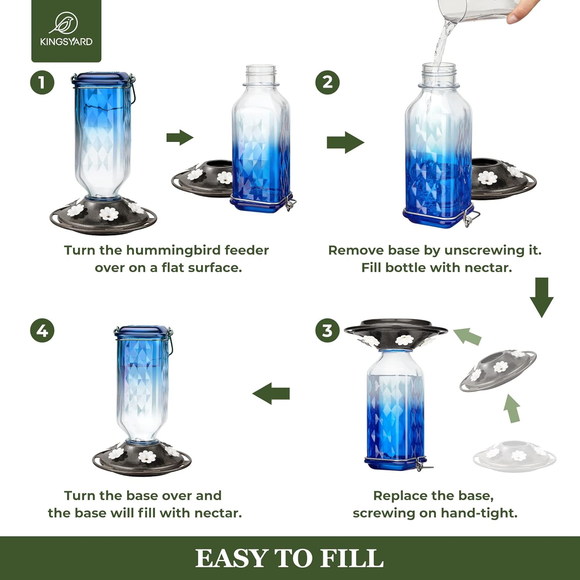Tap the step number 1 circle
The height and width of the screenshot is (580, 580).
pyautogui.click(x=42, y=82)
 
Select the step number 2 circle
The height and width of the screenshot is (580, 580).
pyautogui.click(x=327, y=82)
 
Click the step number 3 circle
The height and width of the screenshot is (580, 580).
pyautogui.click(x=327, y=331)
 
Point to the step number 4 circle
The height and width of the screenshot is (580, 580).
pyautogui.click(x=42, y=331)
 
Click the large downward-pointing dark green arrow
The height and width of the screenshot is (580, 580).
pyautogui.click(x=541, y=297)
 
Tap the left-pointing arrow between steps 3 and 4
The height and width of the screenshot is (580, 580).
pyautogui.click(x=271, y=394)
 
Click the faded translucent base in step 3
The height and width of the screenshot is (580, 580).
pyautogui.click(x=514, y=456)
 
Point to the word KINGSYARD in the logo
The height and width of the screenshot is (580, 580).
pyautogui.click(x=66, y=42)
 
